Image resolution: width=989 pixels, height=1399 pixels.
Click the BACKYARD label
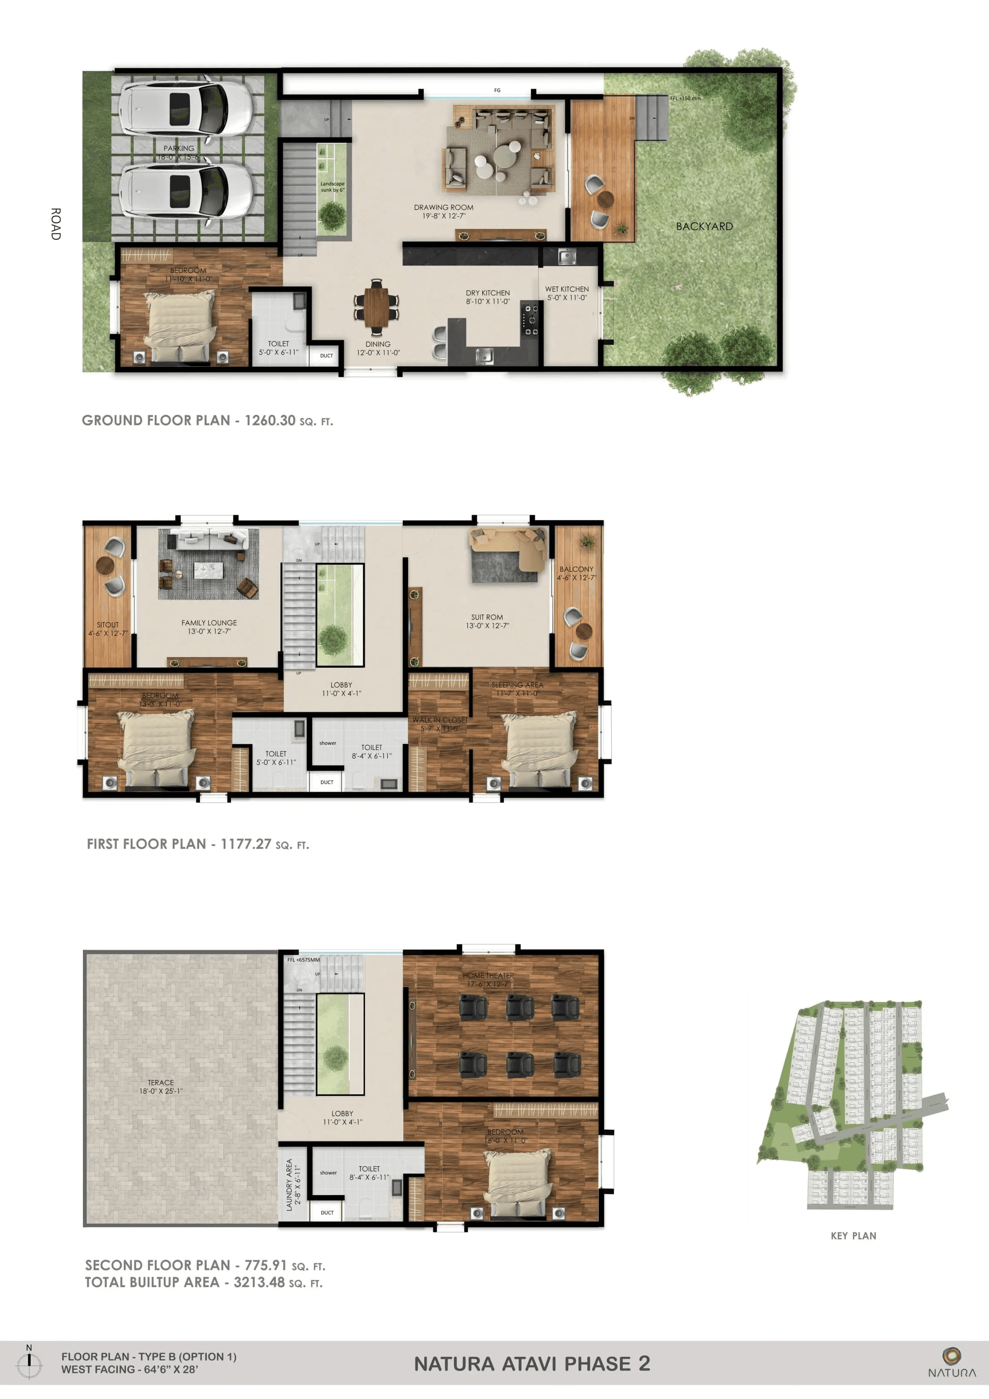pos(704,226)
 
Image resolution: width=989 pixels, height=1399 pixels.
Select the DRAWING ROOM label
pos(444,208)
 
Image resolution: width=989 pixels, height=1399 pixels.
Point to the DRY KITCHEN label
pos(488,293)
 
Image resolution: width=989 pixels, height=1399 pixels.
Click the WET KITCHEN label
pos(567,289)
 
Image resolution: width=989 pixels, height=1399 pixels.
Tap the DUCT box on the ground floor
pos(326,356)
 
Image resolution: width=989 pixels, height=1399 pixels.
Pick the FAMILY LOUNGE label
pos(209,623)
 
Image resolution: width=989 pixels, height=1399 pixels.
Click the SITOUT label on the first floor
pos(108,625)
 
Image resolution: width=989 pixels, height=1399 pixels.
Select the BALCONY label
pos(576,569)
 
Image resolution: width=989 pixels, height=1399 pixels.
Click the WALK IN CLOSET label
pos(439,720)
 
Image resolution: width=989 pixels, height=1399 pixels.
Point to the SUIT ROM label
pos(487,617)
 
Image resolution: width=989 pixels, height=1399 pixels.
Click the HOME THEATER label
pos(488,976)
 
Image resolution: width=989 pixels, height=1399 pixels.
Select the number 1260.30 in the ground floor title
pos(270,420)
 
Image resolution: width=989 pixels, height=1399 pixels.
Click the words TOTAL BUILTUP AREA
pos(152,1283)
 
